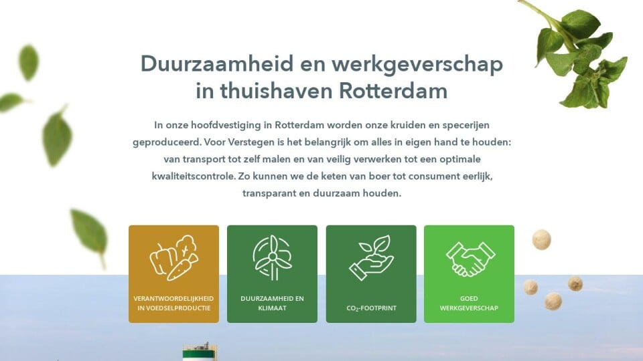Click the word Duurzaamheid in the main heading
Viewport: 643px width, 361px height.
click(217, 64)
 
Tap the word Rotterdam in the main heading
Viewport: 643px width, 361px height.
click(393, 91)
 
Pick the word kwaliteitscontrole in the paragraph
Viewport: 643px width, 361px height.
click(194, 176)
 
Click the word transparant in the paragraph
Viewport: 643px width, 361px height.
click(269, 194)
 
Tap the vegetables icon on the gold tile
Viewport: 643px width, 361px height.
click(174, 257)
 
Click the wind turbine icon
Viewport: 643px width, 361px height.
click(273, 257)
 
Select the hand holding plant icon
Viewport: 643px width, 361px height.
click(371, 257)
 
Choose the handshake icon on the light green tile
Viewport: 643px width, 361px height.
click(470, 259)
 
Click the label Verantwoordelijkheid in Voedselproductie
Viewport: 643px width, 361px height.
click(173, 304)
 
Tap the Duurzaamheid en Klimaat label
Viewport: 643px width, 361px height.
click(273, 304)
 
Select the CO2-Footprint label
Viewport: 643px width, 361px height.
click(371, 308)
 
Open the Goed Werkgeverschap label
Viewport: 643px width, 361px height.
click(469, 304)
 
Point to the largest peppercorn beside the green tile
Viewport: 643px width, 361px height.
click(542, 240)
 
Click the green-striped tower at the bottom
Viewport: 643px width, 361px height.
click(200, 352)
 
